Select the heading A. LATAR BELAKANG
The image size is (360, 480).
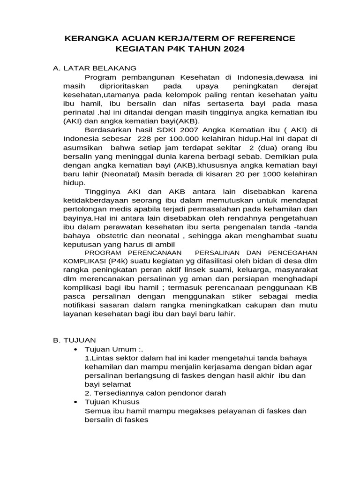94,68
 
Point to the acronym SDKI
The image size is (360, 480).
157,130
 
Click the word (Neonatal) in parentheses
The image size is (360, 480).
114,174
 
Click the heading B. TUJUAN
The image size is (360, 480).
75,340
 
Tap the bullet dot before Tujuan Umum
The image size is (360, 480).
76,350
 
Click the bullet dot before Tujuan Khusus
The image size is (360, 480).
76,403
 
